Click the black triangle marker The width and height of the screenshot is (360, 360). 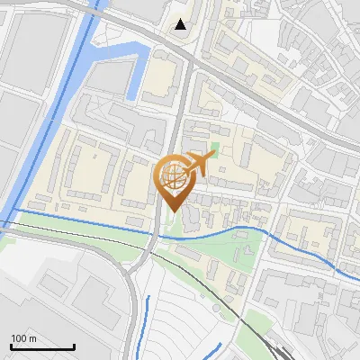tap(182, 24)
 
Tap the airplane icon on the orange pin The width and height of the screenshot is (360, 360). tap(201, 163)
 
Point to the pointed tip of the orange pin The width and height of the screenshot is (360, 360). tap(172, 211)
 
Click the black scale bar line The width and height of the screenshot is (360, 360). tap(42, 346)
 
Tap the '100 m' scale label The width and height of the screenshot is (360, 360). tap(23, 337)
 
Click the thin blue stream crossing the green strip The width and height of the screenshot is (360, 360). tap(216, 233)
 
